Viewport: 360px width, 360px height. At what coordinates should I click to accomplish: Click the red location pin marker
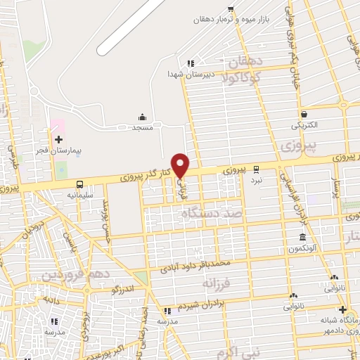[181, 165]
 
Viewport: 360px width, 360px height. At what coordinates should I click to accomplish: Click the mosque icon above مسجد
[142, 117]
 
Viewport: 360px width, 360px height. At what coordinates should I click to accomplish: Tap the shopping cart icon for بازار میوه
[230, 8]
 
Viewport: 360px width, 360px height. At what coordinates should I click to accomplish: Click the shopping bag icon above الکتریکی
[304, 115]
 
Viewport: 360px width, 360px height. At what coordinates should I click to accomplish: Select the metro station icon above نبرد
[256, 169]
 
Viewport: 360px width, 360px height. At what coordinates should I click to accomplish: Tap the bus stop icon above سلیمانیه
[79, 183]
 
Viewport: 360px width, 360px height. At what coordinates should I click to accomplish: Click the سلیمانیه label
[79, 193]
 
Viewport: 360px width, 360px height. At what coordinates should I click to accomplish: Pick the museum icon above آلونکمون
[302, 237]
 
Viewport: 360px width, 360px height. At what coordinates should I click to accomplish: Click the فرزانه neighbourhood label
[217, 283]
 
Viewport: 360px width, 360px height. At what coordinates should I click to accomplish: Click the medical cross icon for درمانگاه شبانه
[342, 310]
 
